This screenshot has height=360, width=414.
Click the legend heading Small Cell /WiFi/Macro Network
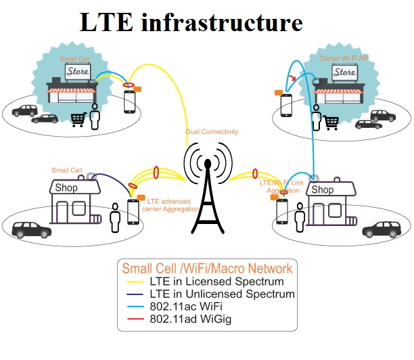pos(206,268)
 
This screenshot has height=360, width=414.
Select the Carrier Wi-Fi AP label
pos(344,59)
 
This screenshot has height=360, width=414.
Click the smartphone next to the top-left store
pos(129,102)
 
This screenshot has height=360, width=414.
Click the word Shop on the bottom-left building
pos(66,187)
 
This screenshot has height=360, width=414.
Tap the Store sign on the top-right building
pos(344,72)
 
